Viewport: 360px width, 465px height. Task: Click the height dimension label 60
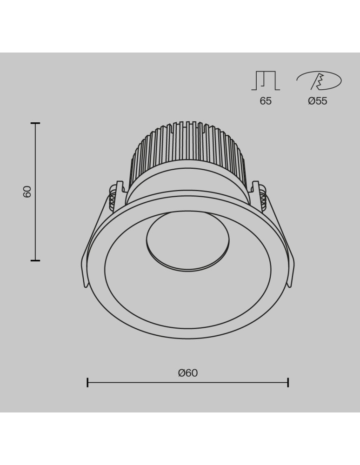point(27,192)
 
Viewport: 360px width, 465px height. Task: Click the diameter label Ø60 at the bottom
point(187,372)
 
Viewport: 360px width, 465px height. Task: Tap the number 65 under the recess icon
point(266,101)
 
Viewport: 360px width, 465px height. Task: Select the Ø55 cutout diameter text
point(318,101)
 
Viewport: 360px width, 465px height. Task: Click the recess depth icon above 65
point(266,81)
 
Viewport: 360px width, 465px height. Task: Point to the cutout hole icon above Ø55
point(319,81)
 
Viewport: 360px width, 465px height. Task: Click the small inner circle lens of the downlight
point(187,241)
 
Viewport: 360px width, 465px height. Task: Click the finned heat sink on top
point(187,149)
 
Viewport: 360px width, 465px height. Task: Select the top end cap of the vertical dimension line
point(35,123)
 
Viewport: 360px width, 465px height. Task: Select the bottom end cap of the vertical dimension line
point(35,260)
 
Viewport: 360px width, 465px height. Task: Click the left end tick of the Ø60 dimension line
point(87,383)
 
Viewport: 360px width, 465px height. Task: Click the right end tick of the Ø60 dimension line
point(288,383)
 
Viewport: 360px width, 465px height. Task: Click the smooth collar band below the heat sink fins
point(187,184)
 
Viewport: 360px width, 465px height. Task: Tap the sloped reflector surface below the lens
point(187,298)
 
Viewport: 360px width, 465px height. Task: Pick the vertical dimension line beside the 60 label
point(35,219)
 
